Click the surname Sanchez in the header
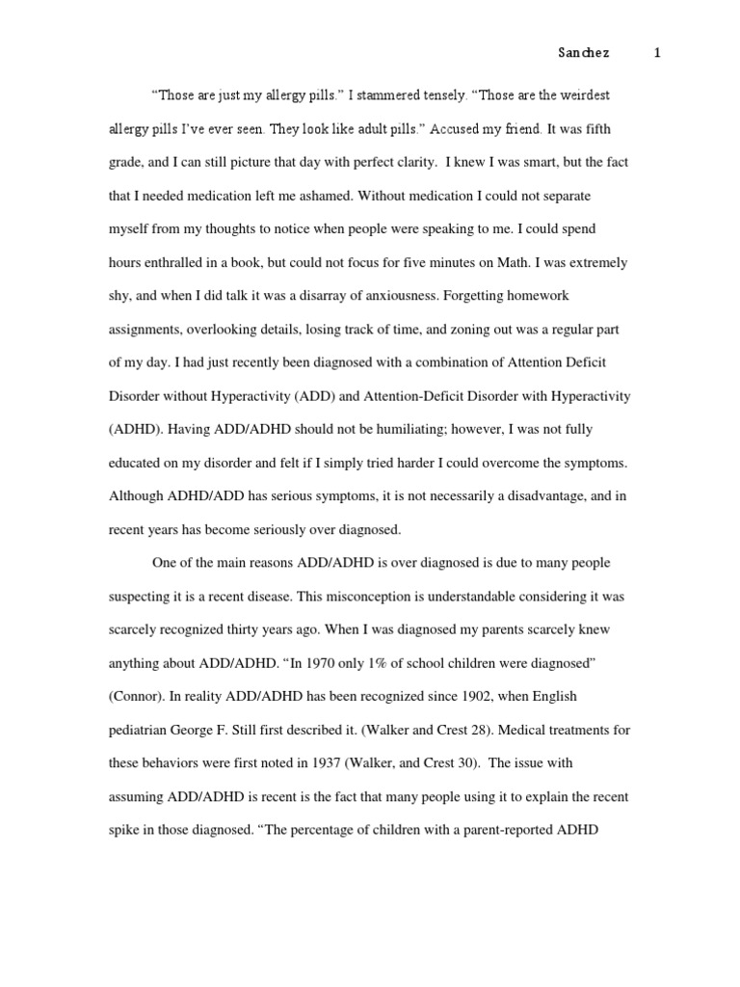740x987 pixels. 584,53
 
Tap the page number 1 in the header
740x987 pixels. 657,53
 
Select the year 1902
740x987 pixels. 421,696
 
